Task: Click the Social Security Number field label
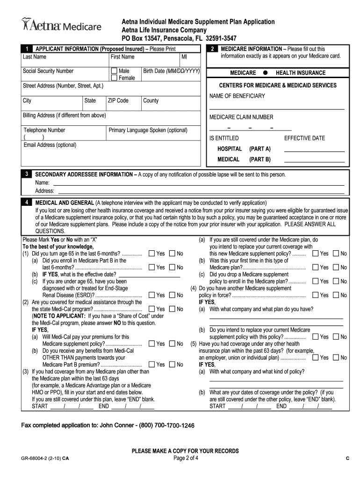tap(48, 71)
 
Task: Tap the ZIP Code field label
tap(118, 101)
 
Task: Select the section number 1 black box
tap(28, 49)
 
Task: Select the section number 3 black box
tap(28, 174)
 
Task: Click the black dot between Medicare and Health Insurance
tap(265, 73)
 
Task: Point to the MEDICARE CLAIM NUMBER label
tap(241, 117)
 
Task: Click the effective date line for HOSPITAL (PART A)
tap(314, 150)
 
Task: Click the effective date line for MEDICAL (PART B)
tap(314, 160)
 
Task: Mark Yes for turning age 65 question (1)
tap(151, 254)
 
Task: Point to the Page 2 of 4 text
tap(186, 458)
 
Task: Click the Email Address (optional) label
tap(50, 145)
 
